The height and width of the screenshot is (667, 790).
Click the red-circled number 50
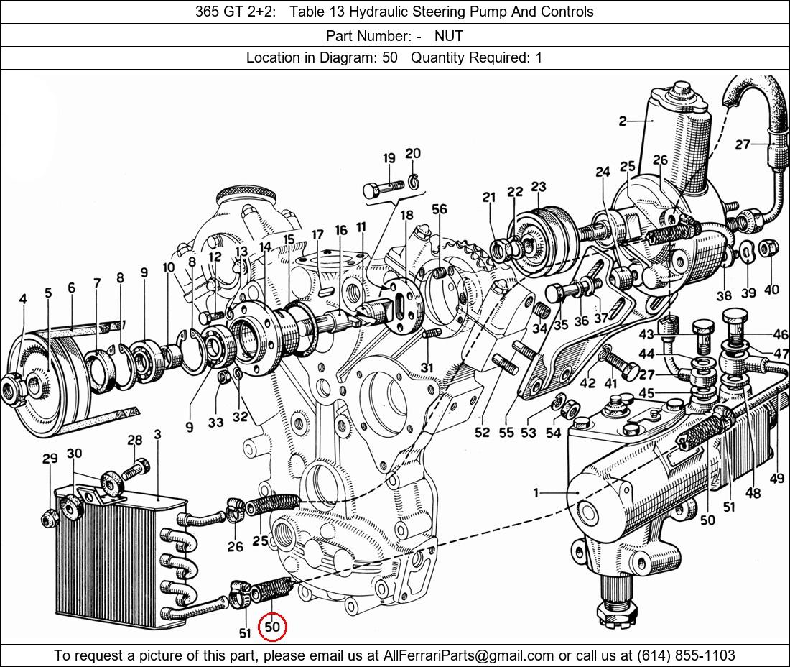click(272, 627)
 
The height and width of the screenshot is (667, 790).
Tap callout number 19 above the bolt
click(389, 159)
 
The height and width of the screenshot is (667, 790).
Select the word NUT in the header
click(449, 35)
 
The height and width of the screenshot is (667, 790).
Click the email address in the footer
click(467, 655)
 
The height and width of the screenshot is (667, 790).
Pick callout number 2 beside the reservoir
click(623, 121)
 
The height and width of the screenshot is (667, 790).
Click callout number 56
click(440, 209)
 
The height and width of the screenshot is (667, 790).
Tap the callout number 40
click(771, 290)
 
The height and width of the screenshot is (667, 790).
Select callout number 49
click(776, 477)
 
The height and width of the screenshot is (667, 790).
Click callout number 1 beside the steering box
click(536, 492)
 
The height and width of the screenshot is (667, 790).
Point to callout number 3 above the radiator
click(157, 434)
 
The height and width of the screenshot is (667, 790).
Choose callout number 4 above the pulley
click(23, 298)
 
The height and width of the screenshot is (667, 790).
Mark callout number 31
click(427, 368)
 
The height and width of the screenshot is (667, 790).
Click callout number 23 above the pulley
click(539, 187)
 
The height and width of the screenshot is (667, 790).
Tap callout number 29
click(50, 459)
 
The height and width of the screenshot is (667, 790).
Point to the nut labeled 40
click(767, 248)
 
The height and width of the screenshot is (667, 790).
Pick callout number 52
click(482, 432)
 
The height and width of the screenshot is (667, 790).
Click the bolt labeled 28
click(136, 469)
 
